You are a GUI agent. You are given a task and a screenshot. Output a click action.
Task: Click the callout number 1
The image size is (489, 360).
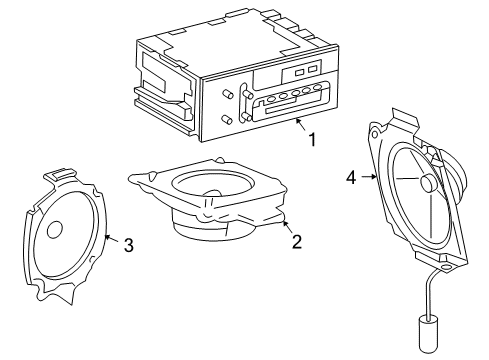click(x=312, y=140)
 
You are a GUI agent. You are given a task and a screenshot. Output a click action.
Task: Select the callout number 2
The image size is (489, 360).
click(x=297, y=242)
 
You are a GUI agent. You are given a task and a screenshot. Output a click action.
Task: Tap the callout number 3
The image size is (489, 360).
click(x=129, y=245)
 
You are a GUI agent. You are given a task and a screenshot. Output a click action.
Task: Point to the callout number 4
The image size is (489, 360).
click(x=351, y=177)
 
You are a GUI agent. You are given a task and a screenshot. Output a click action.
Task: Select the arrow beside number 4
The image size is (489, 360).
click(x=369, y=177)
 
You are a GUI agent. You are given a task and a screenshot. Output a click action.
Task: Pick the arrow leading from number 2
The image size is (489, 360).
click(x=287, y=227)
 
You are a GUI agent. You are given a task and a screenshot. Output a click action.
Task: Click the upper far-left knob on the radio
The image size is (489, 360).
click(x=227, y=94)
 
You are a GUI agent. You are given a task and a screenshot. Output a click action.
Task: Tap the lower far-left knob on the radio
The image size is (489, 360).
click(x=227, y=120)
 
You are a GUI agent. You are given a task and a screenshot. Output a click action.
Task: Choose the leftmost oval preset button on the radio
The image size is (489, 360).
click(x=271, y=99)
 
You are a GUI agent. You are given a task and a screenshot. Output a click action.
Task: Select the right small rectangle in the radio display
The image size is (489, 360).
click(x=312, y=69)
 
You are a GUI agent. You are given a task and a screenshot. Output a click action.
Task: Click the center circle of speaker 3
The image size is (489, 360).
click(x=55, y=229)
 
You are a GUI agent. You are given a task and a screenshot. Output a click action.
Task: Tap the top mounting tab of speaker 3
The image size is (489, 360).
click(x=60, y=174)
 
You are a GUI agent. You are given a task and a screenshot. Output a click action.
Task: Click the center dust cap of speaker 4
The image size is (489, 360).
click(x=428, y=183)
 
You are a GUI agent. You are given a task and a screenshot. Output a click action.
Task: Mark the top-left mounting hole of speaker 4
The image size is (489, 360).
click(x=374, y=134)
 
